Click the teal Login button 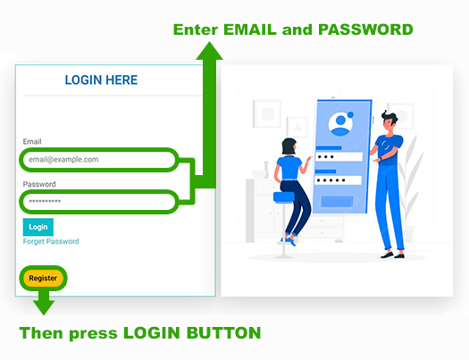[x=38, y=227]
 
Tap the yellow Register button [x=43, y=278]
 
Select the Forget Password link [x=51, y=241]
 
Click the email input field [x=98, y=160]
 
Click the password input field [x=98, y=202]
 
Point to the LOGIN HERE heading [x=101, y=80]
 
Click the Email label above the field [x=32, y=141]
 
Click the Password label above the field [x=39, y=184]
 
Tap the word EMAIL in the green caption [x=250, y=29]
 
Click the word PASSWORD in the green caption [x=365, y=29]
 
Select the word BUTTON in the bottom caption [x=223, y=333]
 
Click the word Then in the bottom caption [x=42, y=333]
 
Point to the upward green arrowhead [x=209, y=51]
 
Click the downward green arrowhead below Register [x=44, y=307]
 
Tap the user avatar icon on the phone [x=340, y=123]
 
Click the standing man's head [x=389, y=121]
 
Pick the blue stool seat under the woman [x=283, y=197]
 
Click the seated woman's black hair [x=289, y=147]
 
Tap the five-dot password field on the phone [x=338, y=180]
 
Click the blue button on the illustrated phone [x=337, y=202]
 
